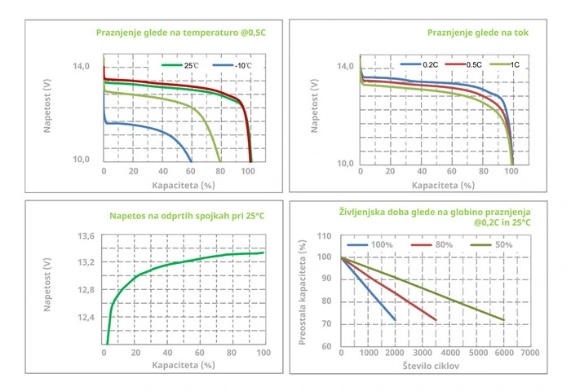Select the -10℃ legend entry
pyautogui.click(x=236, y=64)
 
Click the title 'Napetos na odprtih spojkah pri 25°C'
pyautogui.click(x=188, y=217)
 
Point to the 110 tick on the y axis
pyautogui.click(x=325, y=235)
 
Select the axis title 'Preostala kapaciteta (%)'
pyautogui.click(x=303, y=292)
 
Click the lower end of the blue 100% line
pyautogui.click(x=395, y=319)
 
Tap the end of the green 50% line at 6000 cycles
pyautogui.click(x=503, y=319)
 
